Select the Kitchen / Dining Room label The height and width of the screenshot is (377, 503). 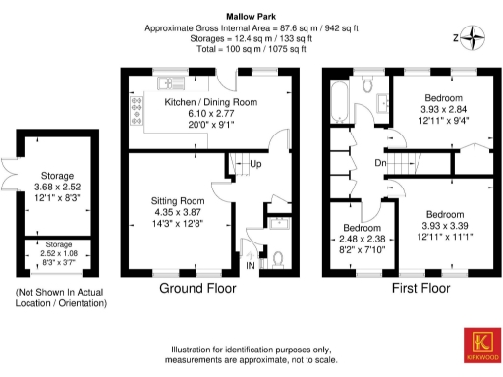click(210, 102)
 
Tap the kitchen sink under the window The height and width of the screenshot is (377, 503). click(172, 80)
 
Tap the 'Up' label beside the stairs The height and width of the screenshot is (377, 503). click(254, 163)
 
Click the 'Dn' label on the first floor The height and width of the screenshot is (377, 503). click(379, 163)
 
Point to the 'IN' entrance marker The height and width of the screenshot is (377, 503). click(250, 266)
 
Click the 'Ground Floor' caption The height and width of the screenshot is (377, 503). click(199, 290)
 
